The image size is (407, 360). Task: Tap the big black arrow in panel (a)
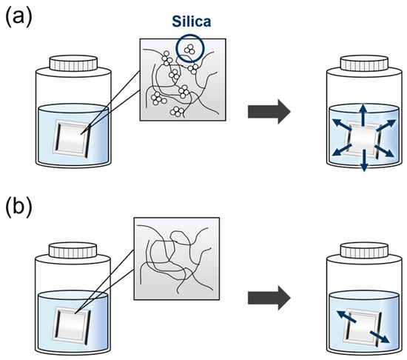pos(269,111)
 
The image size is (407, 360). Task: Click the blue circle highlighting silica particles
pos(191,50)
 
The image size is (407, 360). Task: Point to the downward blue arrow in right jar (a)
pos(363,166)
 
